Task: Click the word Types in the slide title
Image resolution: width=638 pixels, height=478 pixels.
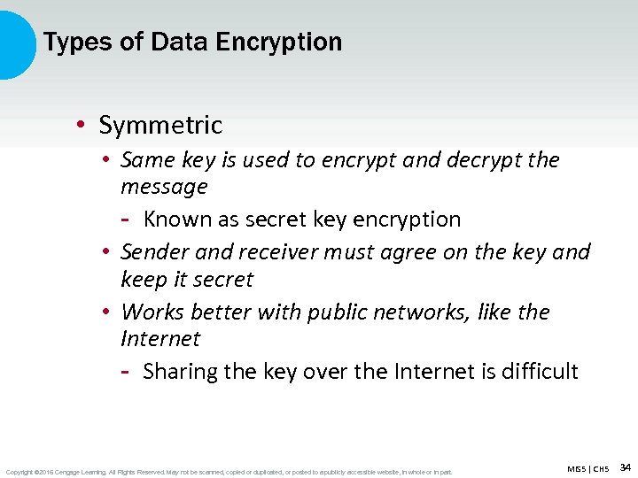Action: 69,42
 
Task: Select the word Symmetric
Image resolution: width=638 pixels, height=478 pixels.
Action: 160,126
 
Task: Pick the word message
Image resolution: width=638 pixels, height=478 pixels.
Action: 164,187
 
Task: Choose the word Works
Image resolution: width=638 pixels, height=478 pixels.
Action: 150,312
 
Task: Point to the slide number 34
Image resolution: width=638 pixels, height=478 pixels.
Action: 625,466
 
